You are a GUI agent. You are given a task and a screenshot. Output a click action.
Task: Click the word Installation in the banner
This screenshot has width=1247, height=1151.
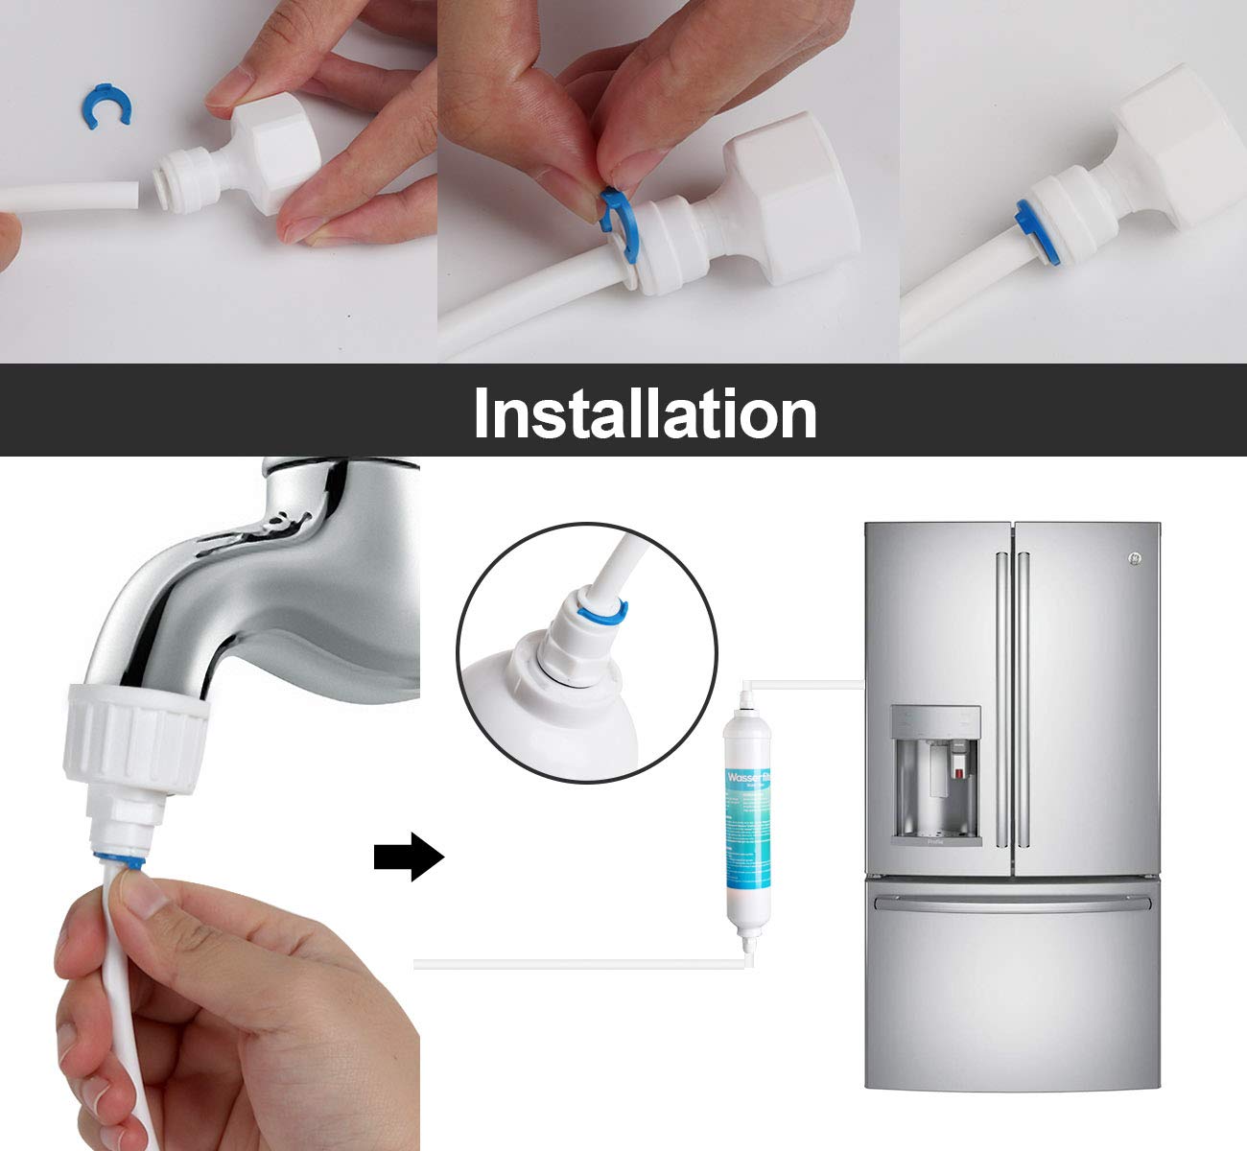pos(645,411)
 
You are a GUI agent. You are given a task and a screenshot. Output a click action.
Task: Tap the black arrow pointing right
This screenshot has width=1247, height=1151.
pos(409,857)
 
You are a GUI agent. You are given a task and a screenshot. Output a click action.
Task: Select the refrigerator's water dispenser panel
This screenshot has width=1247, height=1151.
pos(935,775)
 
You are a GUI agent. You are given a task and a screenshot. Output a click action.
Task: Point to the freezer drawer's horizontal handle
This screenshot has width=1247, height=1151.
pos(1012,904)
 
